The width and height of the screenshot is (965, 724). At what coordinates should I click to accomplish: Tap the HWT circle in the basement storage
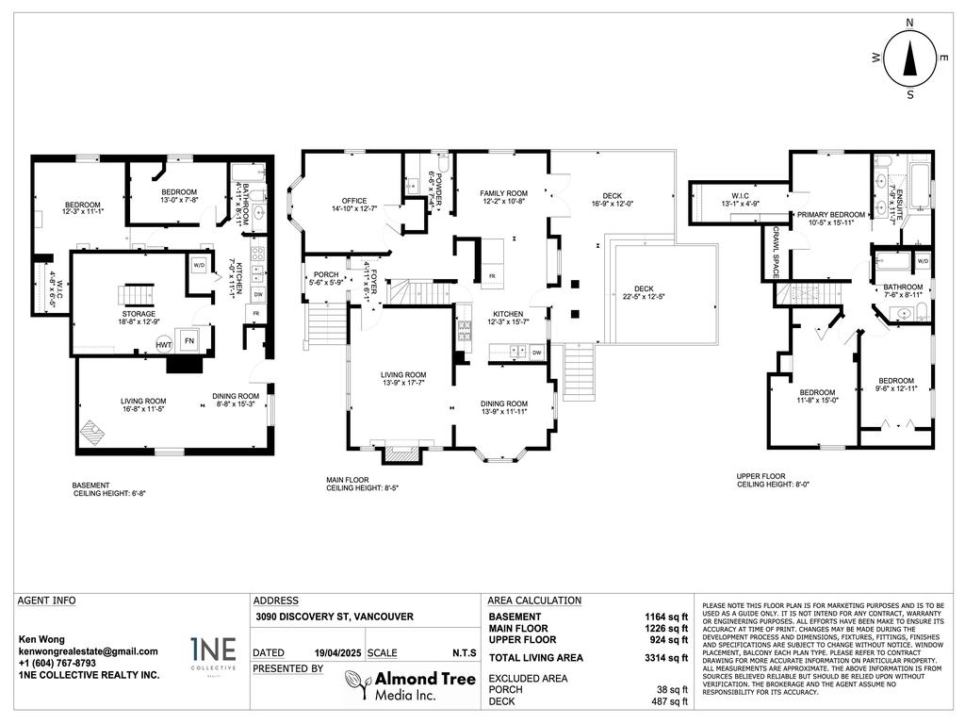(163, 345)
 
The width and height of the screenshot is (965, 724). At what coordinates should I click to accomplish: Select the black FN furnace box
(189, 340)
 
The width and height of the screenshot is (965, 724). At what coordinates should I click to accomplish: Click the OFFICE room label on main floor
(348, 201)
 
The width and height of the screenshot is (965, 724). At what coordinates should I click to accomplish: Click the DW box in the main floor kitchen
(535, 353)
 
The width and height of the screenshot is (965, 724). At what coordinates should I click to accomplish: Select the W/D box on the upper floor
(923, 260)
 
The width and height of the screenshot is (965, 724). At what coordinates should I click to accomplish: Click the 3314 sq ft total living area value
(668, 658)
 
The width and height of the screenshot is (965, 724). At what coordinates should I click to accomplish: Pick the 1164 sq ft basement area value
(668, 617)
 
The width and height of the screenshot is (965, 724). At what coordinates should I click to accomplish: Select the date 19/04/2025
(337, 652)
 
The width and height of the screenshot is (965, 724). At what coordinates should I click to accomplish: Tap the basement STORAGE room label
(138, 314)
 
